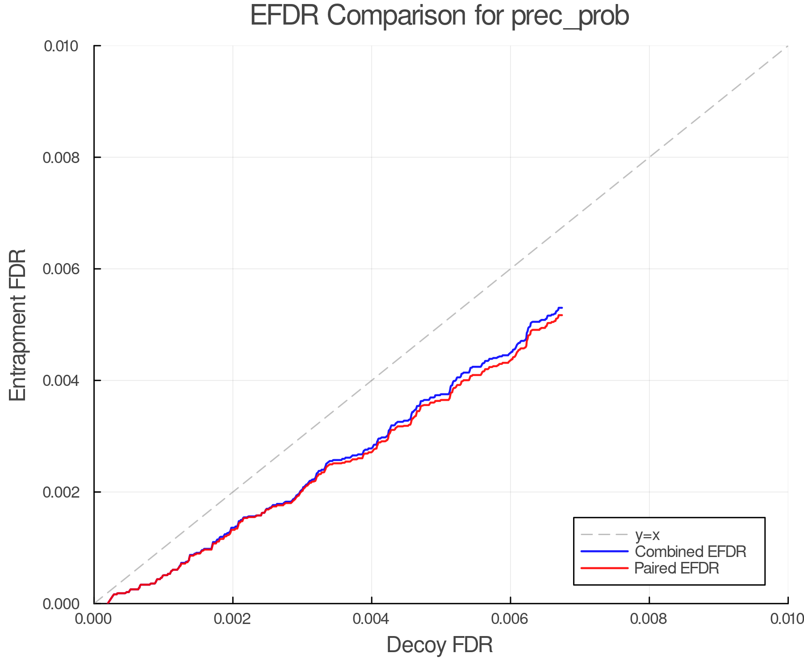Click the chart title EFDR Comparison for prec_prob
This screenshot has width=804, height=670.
(440, 16)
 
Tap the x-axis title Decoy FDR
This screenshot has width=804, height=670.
(440, 645)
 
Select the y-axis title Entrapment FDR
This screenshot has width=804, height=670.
(18, 325)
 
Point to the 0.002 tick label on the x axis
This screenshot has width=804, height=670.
(233, 619)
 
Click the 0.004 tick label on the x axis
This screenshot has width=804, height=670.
(372, 619)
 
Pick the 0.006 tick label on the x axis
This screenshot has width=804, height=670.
(511, 619)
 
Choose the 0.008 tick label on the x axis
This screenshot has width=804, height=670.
(649, 619)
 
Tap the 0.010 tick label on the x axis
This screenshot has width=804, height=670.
(787, 619)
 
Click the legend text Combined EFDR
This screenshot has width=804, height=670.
(691, 552)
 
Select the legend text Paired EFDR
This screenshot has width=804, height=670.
(677, 568)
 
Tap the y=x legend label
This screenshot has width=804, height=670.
(647, 535)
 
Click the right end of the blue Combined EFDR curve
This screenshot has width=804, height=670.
(562, 308)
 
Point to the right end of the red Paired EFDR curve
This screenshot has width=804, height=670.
(562, 315)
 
